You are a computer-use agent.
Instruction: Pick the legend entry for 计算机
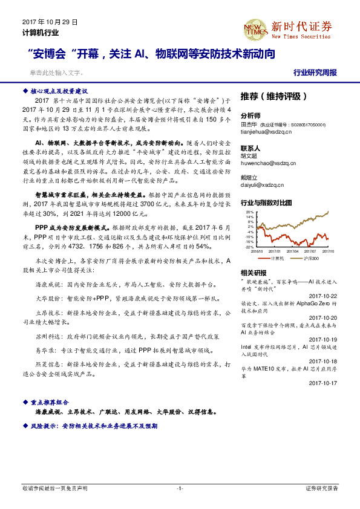point(277,258)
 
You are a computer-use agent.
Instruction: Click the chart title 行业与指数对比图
point(266,203)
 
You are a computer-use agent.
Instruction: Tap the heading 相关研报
point(252,273)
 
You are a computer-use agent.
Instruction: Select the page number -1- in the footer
point(180,488)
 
